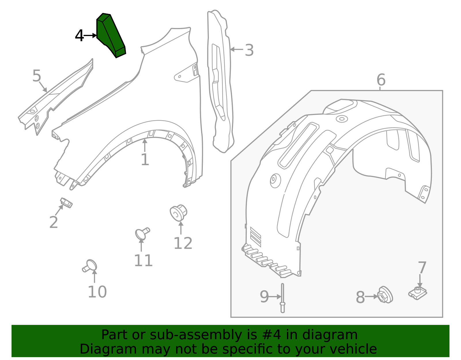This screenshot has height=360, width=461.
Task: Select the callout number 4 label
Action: (79, 36)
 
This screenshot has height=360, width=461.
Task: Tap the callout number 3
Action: (249, 50)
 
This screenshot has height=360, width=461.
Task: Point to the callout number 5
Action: (37, 76)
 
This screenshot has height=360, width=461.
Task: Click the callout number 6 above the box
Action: (381, 80)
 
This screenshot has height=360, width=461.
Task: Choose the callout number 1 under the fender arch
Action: (145, 160)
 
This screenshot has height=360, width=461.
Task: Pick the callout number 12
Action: (183, 244)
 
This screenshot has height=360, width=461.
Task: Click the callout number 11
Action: (143, 261)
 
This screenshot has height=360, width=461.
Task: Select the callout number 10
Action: (97, 292)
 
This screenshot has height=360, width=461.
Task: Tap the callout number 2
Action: (54, 223)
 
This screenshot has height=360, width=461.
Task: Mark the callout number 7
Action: (422, 268)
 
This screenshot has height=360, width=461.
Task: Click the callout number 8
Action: (360, 297)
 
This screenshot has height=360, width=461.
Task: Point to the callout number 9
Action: (264, 297)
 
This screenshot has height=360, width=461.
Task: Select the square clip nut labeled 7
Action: (417, 293)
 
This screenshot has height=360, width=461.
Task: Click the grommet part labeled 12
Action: (179, 213)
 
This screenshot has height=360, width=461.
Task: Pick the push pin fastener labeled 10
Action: (90, 266)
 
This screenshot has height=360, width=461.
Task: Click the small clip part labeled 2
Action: (66, 203)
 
